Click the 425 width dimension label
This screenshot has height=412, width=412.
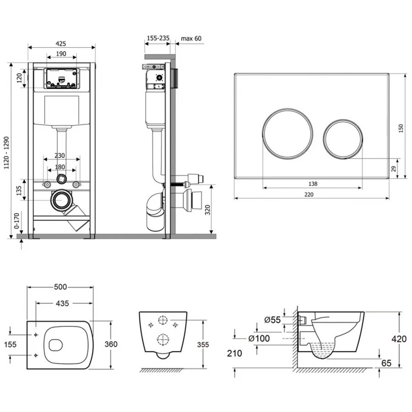tap(61, 43)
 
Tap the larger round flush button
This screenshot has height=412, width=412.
tap(288, 132)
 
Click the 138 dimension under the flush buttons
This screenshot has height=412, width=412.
tap(313, 184)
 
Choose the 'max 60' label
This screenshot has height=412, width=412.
tap(191, 38)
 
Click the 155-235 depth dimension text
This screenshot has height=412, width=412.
tap(157, 38)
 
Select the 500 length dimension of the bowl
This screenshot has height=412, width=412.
tap(61, 287)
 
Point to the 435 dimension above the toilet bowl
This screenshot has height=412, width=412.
tap(62, 303)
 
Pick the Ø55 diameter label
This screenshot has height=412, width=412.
tap(272, 320)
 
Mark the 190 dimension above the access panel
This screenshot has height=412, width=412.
tap(61, 54)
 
